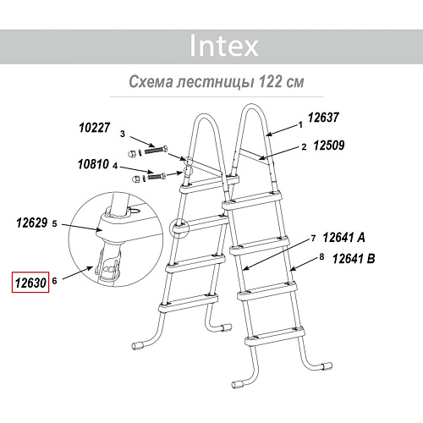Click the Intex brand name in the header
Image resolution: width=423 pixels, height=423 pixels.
pos(224,46)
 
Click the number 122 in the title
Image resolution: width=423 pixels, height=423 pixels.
pos(270,82)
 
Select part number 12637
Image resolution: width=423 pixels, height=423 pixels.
pos(323,118)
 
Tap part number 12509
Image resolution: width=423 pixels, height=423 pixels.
pos(329,146)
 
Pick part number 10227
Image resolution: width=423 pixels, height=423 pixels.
pos(95,128)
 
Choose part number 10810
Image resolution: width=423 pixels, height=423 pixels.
pos(93,164)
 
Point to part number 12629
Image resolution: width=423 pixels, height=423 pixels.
pos(32,222)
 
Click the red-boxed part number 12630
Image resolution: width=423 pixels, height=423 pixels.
pos(30,283)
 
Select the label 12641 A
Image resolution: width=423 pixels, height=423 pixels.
pos(343,238)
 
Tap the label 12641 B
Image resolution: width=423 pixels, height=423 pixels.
pos(354,259)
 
